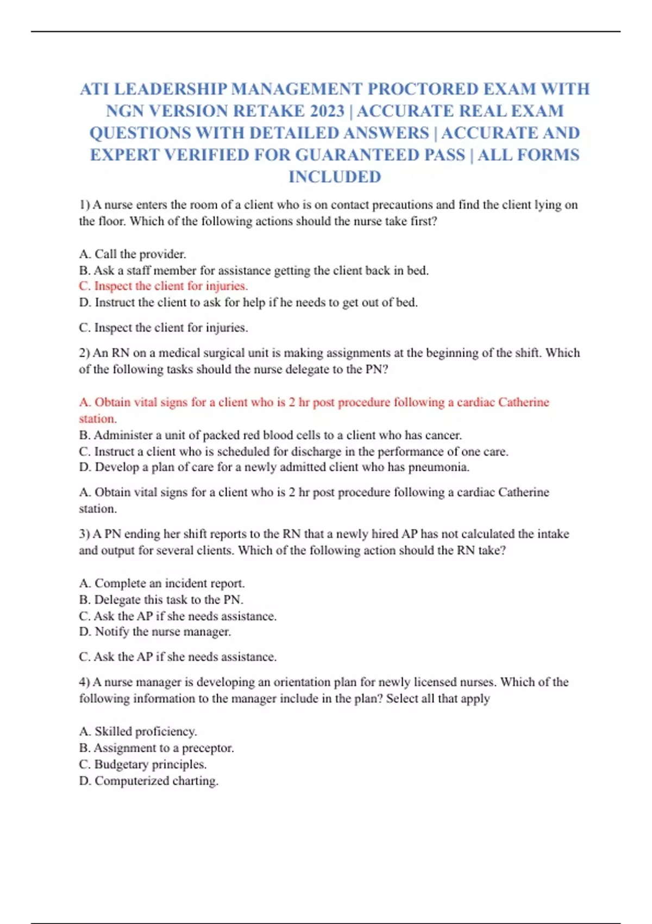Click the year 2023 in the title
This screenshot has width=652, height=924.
click(327, 111)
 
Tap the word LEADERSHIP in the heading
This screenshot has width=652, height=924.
click(171, 89)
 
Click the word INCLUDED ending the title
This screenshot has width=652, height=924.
click(335, 177)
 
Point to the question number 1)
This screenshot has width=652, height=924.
click(84, 205)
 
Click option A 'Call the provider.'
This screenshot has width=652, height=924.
click(133, 254)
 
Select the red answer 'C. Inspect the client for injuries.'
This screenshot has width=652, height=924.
click(164, 286)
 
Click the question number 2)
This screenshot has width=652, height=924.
click(84, 353)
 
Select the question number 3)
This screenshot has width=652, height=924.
click(84, 534)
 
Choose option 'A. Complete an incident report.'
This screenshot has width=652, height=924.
click(162, 583)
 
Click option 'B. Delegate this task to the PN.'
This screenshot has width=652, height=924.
click(161, 600)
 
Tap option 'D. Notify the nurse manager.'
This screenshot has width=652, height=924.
click(155, 632)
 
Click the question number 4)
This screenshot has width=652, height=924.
click(84, 682)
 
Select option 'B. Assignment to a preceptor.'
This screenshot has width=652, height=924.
click(156, 748)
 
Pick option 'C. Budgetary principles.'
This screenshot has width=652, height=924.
click(143, 764)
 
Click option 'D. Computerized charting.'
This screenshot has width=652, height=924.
click(149, 781)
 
